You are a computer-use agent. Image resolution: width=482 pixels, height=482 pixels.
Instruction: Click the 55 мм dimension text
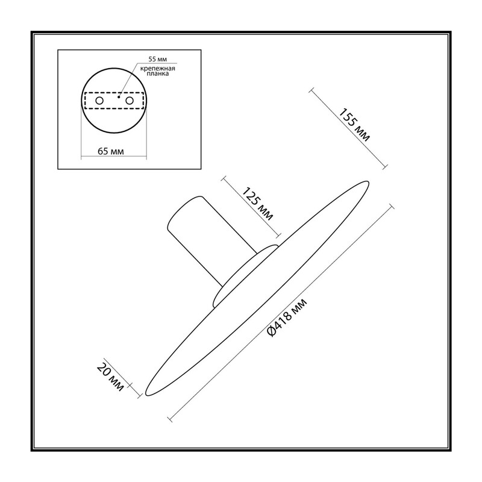158,59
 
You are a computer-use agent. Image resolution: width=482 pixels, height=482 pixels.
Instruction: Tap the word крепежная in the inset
157,69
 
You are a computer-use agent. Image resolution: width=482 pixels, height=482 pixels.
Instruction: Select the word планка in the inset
157,74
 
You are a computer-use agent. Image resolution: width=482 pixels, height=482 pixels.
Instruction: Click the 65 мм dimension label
111,152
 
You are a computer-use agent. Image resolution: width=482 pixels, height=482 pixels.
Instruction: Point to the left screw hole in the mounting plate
99,101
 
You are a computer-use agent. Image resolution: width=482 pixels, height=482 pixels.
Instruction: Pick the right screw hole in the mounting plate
130,101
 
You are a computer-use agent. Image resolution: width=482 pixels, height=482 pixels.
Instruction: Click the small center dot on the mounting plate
119,97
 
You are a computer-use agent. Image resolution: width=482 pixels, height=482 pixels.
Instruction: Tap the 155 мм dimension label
354,125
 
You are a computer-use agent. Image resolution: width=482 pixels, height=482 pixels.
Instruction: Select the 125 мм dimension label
258,204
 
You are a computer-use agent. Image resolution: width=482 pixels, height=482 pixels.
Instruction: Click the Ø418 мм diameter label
287,318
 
